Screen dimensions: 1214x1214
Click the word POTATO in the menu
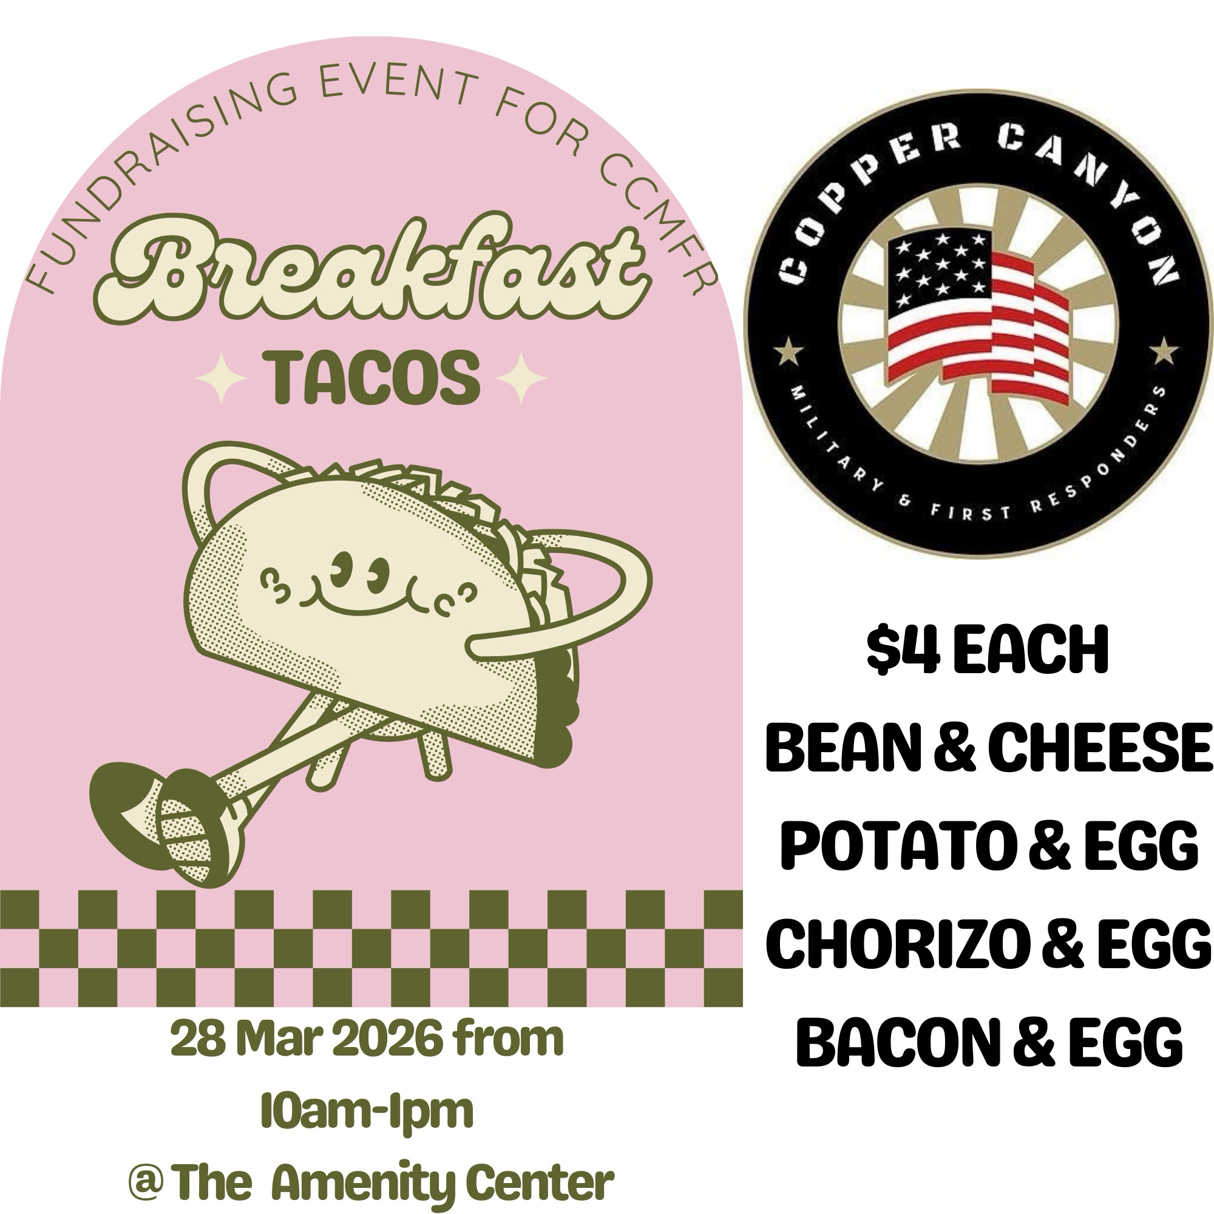coord(895,846)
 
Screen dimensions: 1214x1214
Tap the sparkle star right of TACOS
coord(521,378)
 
